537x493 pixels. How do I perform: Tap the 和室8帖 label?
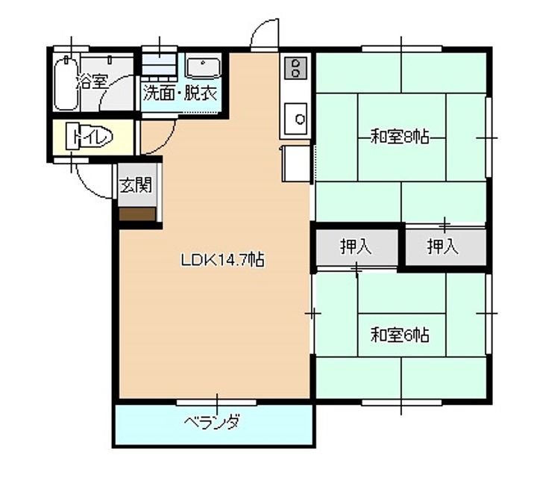[400, 137]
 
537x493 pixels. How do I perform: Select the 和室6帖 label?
[400, 335]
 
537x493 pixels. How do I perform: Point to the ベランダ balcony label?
[213, 424]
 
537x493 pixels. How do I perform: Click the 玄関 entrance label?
[137, 185]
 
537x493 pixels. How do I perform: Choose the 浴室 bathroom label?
[92, 82]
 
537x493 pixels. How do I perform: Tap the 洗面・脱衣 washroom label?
[180, 94]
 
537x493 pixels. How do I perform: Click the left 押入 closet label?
[356, 247]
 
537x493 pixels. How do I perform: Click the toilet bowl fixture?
[91, 137]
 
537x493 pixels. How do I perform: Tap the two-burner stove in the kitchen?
[295, 68]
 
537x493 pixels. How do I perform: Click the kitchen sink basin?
[298, 117]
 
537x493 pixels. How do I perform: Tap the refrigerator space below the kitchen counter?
[295, 164]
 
